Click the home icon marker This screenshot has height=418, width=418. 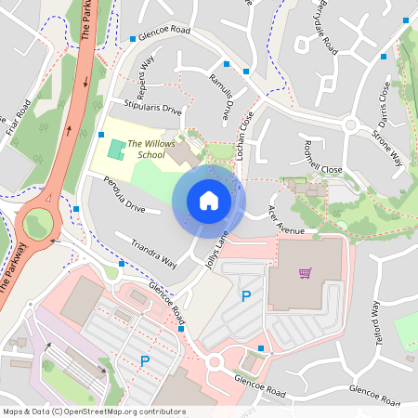coord(209,201)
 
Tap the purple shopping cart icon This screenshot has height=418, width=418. coord(305,273)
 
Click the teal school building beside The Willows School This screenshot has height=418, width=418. coord(115,149)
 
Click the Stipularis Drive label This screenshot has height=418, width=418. coord(147,108)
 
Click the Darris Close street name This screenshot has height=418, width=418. coord(384,104)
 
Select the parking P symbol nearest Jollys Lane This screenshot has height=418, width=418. coord(246,296)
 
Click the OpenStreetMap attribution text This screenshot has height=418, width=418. coord(93,411)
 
